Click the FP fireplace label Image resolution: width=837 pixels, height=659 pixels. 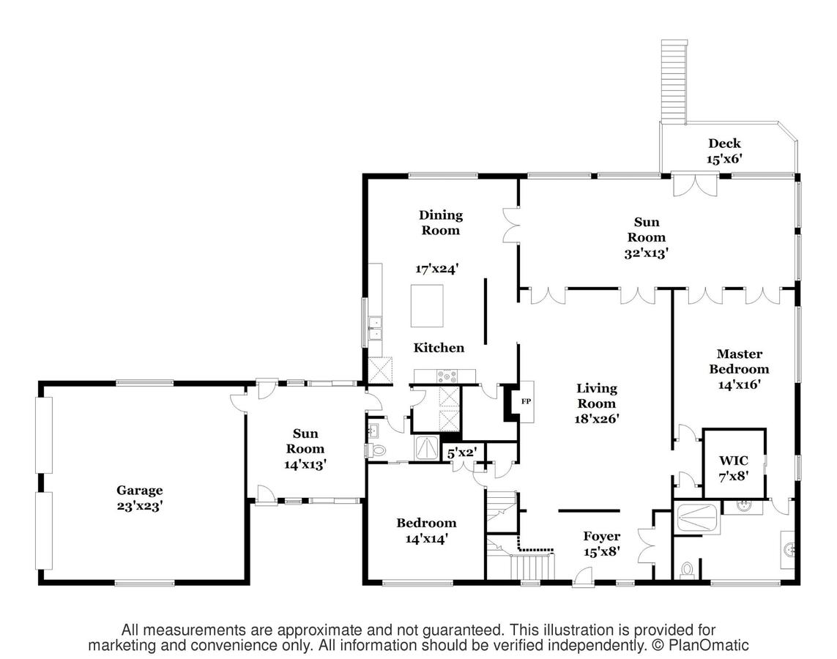(525, 401)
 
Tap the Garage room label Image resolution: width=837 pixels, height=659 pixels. (139, 491)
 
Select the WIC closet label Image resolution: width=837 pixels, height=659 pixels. (733, 461)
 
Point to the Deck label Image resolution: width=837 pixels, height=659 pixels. (723, 144)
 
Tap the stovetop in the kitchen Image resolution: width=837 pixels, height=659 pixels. (446, 377)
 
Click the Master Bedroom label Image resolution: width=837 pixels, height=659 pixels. (743, 361)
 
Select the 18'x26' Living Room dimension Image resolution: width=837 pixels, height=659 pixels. (597, 419)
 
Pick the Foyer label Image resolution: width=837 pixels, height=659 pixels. (601, 536)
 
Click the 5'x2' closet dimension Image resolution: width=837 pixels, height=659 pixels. (463, 453)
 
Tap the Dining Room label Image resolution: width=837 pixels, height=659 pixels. (440, 223)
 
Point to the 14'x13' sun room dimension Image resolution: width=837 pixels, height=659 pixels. (305, 463)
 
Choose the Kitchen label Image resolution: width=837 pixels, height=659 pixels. (439, 348)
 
